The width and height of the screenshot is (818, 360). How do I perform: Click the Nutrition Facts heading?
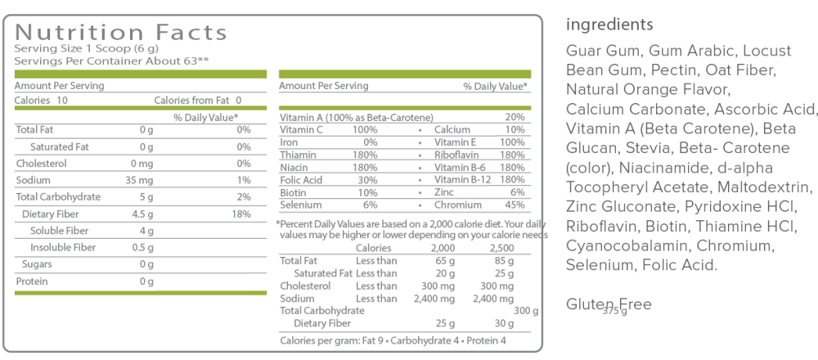(x=121, y=33)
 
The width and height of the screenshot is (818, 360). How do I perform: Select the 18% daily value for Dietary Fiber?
(x=241, y=214)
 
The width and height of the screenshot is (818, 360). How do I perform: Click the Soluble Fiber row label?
(x=59, y=231)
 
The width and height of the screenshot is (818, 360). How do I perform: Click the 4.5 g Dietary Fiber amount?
(x=142, y=214)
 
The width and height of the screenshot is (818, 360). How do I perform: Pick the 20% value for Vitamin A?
(x=515, y=118)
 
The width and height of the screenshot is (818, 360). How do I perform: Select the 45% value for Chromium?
(x=515, y=205)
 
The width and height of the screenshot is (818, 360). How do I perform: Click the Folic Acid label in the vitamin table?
(x=300, y=180)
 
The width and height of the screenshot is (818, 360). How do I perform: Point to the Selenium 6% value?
(x=370, y=205)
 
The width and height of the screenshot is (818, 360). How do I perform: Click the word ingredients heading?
(x=609, y=24)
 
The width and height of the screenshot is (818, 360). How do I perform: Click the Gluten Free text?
(x=609, y=304)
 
